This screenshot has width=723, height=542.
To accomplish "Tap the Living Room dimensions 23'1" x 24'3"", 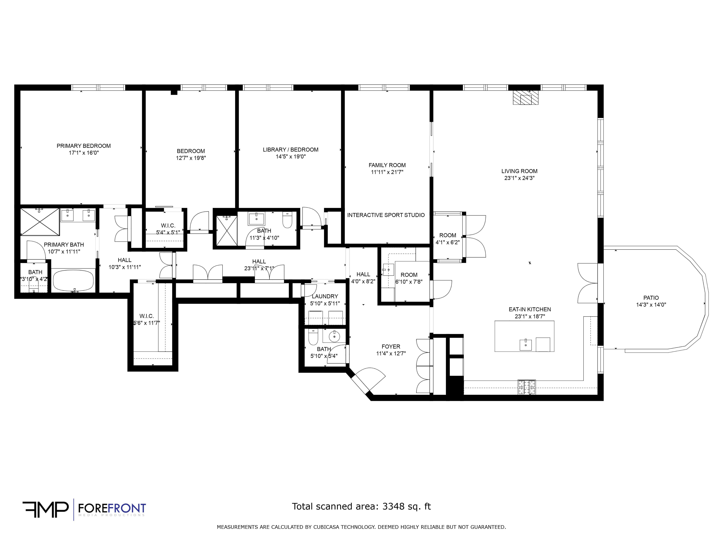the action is click(x=519, y=178).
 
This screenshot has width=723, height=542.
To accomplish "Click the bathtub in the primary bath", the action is click(x=74, y=280).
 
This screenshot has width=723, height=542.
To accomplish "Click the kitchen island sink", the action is click(x=526, y=345).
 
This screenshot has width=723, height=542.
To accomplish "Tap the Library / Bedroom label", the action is click(x=291, y=150).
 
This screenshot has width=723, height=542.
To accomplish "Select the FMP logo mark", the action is click(x=45, y=510).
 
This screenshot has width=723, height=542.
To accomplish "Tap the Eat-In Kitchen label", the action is click(x=530, y=309).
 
